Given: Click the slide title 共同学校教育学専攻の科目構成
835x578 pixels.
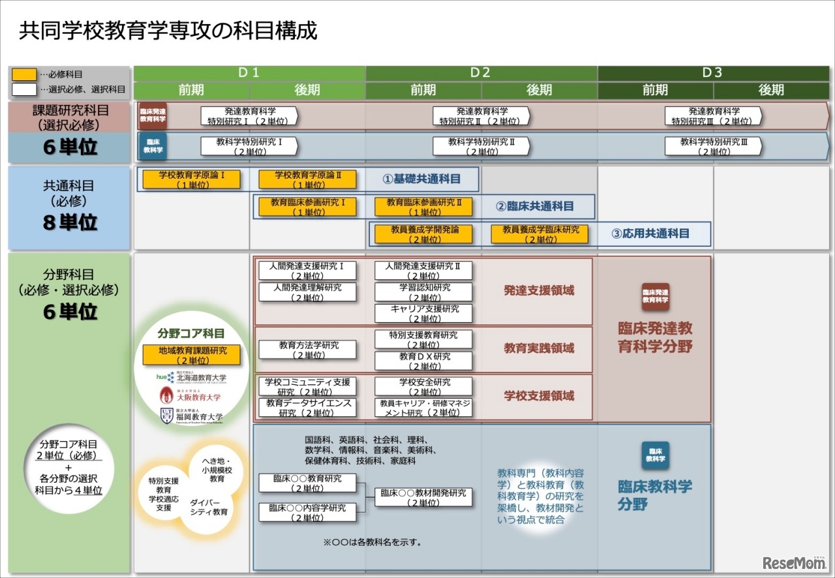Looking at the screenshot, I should point(168,31).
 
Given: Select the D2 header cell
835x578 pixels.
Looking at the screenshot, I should point(481,73).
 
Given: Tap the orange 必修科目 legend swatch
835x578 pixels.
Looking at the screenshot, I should point(24,74).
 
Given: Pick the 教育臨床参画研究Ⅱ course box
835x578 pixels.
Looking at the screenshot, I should point(423,207).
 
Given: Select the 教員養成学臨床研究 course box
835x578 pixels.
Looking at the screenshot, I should point(539,234).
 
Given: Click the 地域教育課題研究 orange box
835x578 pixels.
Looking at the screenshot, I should point(192,355).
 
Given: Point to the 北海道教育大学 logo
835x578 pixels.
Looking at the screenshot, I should point(192,377).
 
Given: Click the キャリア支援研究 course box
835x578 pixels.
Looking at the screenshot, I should point(423,313).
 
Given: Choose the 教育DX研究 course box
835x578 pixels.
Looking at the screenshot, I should point(423,361).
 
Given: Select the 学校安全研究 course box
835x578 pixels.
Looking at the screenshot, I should point(423,387).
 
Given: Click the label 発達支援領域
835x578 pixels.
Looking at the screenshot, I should point(539,290).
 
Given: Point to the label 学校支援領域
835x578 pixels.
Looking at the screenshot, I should point(539,396).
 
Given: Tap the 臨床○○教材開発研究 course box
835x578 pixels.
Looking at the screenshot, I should point(423,497).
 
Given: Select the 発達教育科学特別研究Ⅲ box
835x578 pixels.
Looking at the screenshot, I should point(713,116).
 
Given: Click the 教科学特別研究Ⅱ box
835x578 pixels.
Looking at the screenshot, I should point(481,146).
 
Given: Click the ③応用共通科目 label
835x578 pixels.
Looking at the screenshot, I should point(650,234).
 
